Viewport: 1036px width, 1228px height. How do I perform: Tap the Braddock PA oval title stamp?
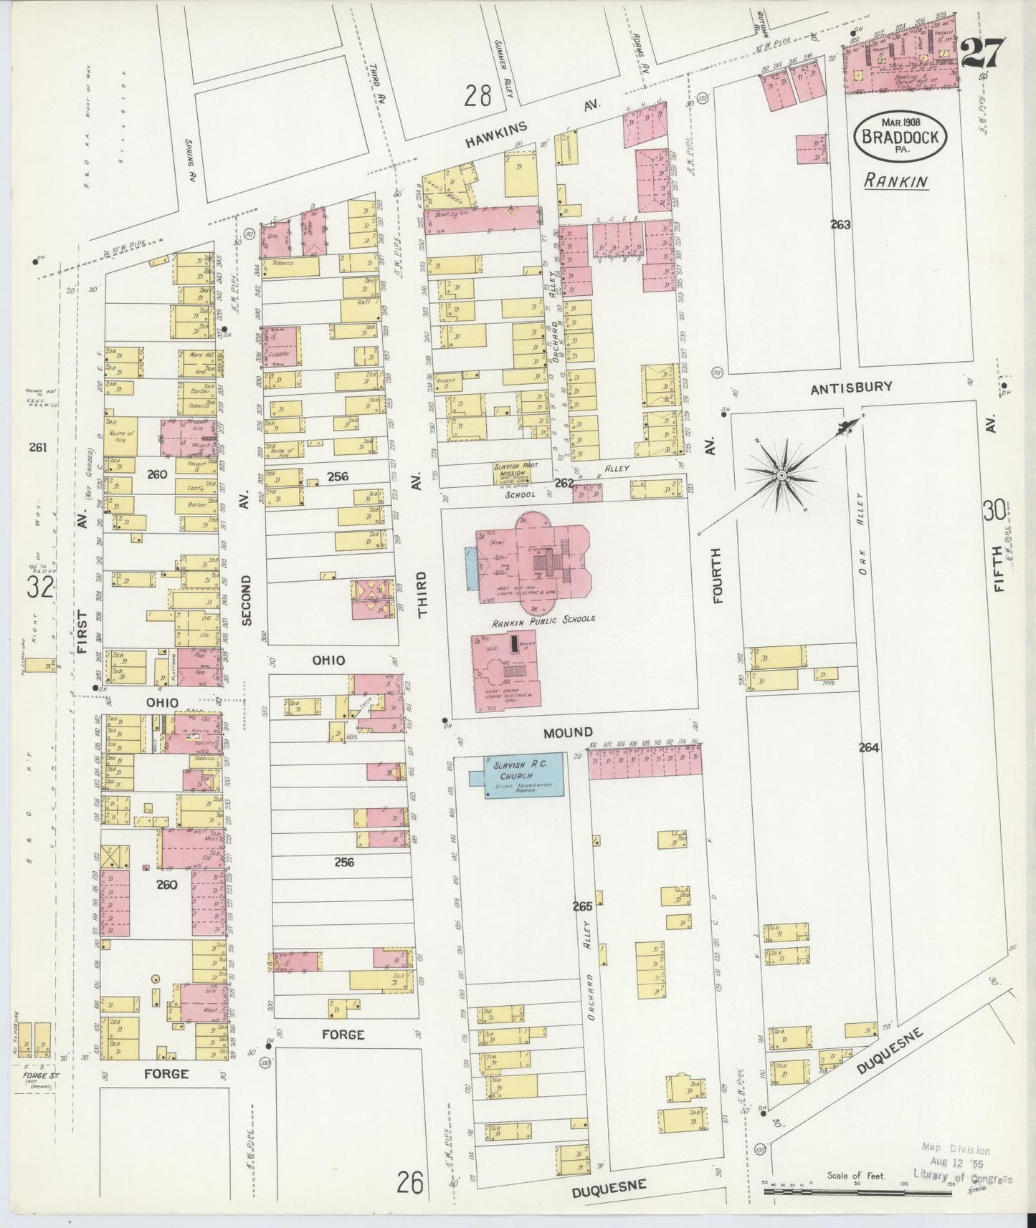coord(900,134)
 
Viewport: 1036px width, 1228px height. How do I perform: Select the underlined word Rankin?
coord(895,181)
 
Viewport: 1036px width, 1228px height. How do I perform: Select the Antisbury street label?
coord(851,387)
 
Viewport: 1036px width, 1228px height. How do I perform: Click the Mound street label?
coord(567,732)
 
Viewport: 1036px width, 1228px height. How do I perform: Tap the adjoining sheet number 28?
coord(477,95)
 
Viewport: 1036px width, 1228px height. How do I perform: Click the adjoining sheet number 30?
coord(993,512)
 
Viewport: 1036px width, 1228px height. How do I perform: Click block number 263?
coord(840,225)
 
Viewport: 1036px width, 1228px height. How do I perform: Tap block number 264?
coord(868,747)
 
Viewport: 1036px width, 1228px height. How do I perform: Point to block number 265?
coord(582,906)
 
